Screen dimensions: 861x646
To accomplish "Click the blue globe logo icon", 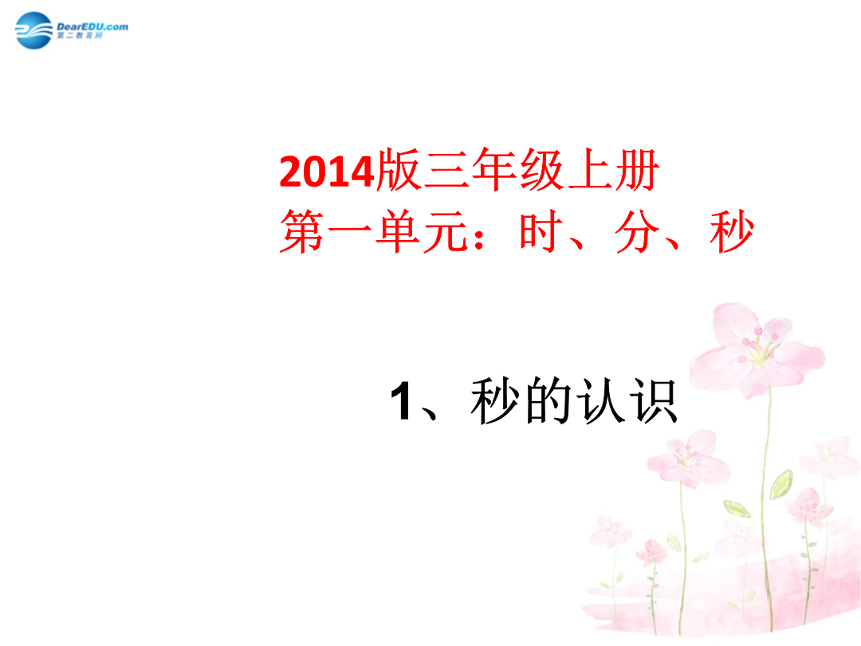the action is pyautogui.click(x=34, y=31).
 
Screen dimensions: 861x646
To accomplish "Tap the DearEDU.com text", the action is pyautogui.click(x=92, y=26).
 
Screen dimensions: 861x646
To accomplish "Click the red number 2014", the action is pyautogui.click(x=327, y=172).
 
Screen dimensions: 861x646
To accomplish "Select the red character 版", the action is pyautogui.click(x=398, y=170).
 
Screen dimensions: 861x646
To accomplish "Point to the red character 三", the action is pyautogui.click(x=446, y=171).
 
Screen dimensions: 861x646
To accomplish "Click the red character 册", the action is pyautogui.click(x=637, y=171).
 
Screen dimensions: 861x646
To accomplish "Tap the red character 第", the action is pyautogui.click(x=302, y=231).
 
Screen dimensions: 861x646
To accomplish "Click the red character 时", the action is pyautogui.click(x=542, y=231).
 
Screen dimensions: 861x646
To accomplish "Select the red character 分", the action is pyautogui.click(x=637, y=232).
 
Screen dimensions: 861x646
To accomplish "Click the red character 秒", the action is pyautogui.click(x=732, y=231).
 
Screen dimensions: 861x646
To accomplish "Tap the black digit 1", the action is pyautogui.click(x=401, y=401).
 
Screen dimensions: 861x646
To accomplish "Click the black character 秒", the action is pyautogui.click(x=494, y=401).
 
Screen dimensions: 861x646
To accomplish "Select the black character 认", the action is pyautogui.click(x=601, y=401).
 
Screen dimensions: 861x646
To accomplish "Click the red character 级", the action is pyautogui.click(x=541, y=171).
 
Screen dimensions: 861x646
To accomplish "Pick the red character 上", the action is pyautogui.click(x=590, y=171).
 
